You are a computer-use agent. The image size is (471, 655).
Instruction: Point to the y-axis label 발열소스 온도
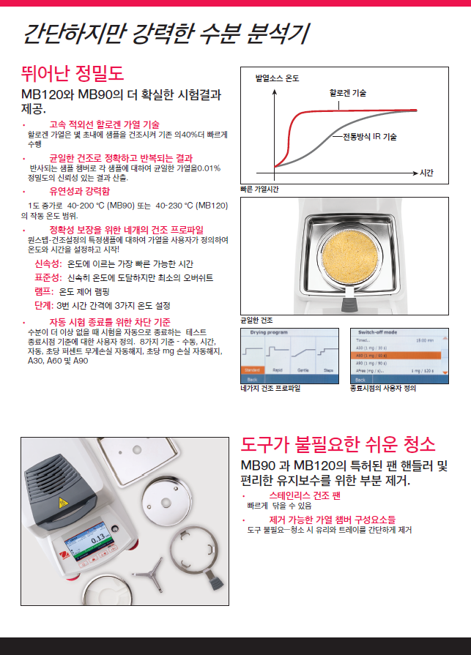pos(276,78)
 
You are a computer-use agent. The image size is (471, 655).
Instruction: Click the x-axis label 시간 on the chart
pos(427,173)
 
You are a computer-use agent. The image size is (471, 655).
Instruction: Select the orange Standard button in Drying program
pos(252,372)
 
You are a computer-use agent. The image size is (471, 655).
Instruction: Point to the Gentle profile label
pos(304,372)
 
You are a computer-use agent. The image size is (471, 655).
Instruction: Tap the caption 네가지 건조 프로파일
pos(270,389)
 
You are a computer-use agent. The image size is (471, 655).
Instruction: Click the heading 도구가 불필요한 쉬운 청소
pos(338,444)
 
